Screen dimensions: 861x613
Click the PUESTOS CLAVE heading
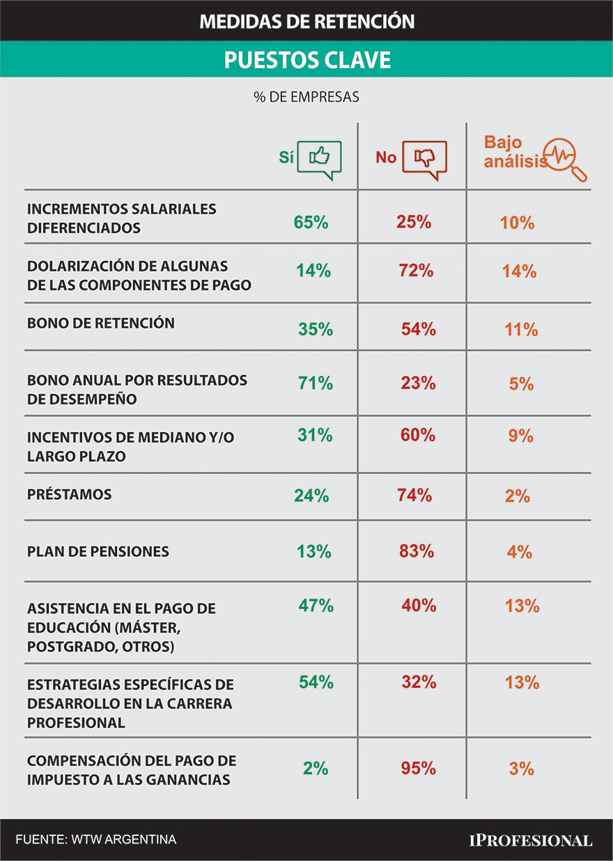pyautogui.click(x=306, y=60)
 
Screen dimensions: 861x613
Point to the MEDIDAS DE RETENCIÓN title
pyautogui.click(x=306, y=22)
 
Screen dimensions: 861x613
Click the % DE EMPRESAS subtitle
pyautogui.click(x=306, y=97)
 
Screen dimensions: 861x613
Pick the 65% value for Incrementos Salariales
pyautogui.click(x=311, y=223)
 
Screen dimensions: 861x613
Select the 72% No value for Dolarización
pyautogui.click(x=416, y=271)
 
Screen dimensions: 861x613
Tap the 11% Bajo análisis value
pyautogui.click(x=521, y=330)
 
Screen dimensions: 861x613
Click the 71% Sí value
pyautogui.click(x=316, y=383)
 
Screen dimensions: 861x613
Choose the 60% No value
pyautogui.click(x=418, y=436)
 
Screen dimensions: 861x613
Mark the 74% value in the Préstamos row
pyautogui.click(x=414, y=496)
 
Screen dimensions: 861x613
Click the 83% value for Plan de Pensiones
pyautogui.click(x=417, y=551)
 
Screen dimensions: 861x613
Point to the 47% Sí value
pyautogui.click(x=316, y=606)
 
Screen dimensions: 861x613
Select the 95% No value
pyautogui.click(x=419, y=768)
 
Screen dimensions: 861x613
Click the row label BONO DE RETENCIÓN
pyautogui.click(x=101, y=324)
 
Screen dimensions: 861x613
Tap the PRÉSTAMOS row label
pyautogui.click(x=70, y=495)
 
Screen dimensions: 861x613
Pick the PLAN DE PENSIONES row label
pyautogui.click(x=98, y=551)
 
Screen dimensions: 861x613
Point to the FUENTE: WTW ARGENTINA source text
pyautogui.click(x=95, y=839)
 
